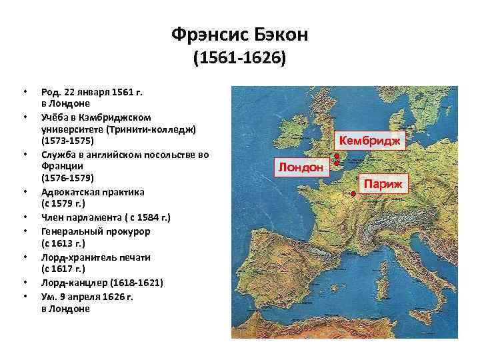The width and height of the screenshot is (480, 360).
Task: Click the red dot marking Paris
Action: (353, 194)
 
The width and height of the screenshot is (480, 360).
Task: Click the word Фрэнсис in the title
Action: (207, 34)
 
